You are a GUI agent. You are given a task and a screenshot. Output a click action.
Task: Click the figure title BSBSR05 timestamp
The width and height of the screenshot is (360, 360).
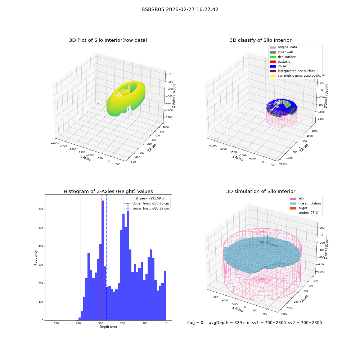pyautogui.click(x=180, y=9)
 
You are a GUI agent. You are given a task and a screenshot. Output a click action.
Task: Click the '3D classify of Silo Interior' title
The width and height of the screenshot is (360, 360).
pyautogui.click(x=261, y=40)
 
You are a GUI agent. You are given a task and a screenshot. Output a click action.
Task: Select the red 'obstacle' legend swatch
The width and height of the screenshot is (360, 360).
pyautogui.click(x=273, y=62)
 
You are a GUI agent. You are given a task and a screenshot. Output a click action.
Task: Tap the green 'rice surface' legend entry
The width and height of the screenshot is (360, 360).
pyautogui.click(x=283, y=57)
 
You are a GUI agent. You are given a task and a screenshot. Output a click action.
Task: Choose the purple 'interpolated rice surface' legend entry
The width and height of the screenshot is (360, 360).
pyautogui.click(x=292, y=71)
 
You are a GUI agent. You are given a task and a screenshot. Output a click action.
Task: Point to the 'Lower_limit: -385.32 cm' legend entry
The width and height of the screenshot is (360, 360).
pyautogui.click(x=147, y=208)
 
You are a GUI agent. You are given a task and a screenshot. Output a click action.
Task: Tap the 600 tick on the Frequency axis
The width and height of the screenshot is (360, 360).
pyautogui.click(x=41, y=209)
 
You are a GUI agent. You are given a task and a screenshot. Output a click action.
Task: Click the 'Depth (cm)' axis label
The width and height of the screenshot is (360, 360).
pyautogui.click(x=108, y=327)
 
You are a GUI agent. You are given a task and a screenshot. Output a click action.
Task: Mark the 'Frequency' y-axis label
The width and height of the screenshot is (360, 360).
pyautogui.click(x=36, y=258)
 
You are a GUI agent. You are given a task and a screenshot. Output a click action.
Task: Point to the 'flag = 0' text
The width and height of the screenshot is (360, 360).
pyautogui.click(x=195, y=323)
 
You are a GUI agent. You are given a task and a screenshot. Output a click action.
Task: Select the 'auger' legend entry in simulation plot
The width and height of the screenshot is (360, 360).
pyautogui.click(x=299, y=208)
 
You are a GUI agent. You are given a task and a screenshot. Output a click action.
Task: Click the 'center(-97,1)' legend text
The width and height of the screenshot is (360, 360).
pyautogui.click(x=309, y=213)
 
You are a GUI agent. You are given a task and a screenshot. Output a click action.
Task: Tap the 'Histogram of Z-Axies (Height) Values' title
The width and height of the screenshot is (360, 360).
pyautogui.click(x=108, y=192)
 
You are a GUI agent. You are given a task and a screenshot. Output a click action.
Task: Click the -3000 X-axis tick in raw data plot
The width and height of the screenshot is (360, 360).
pyautogui.click(x=55, y=144)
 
